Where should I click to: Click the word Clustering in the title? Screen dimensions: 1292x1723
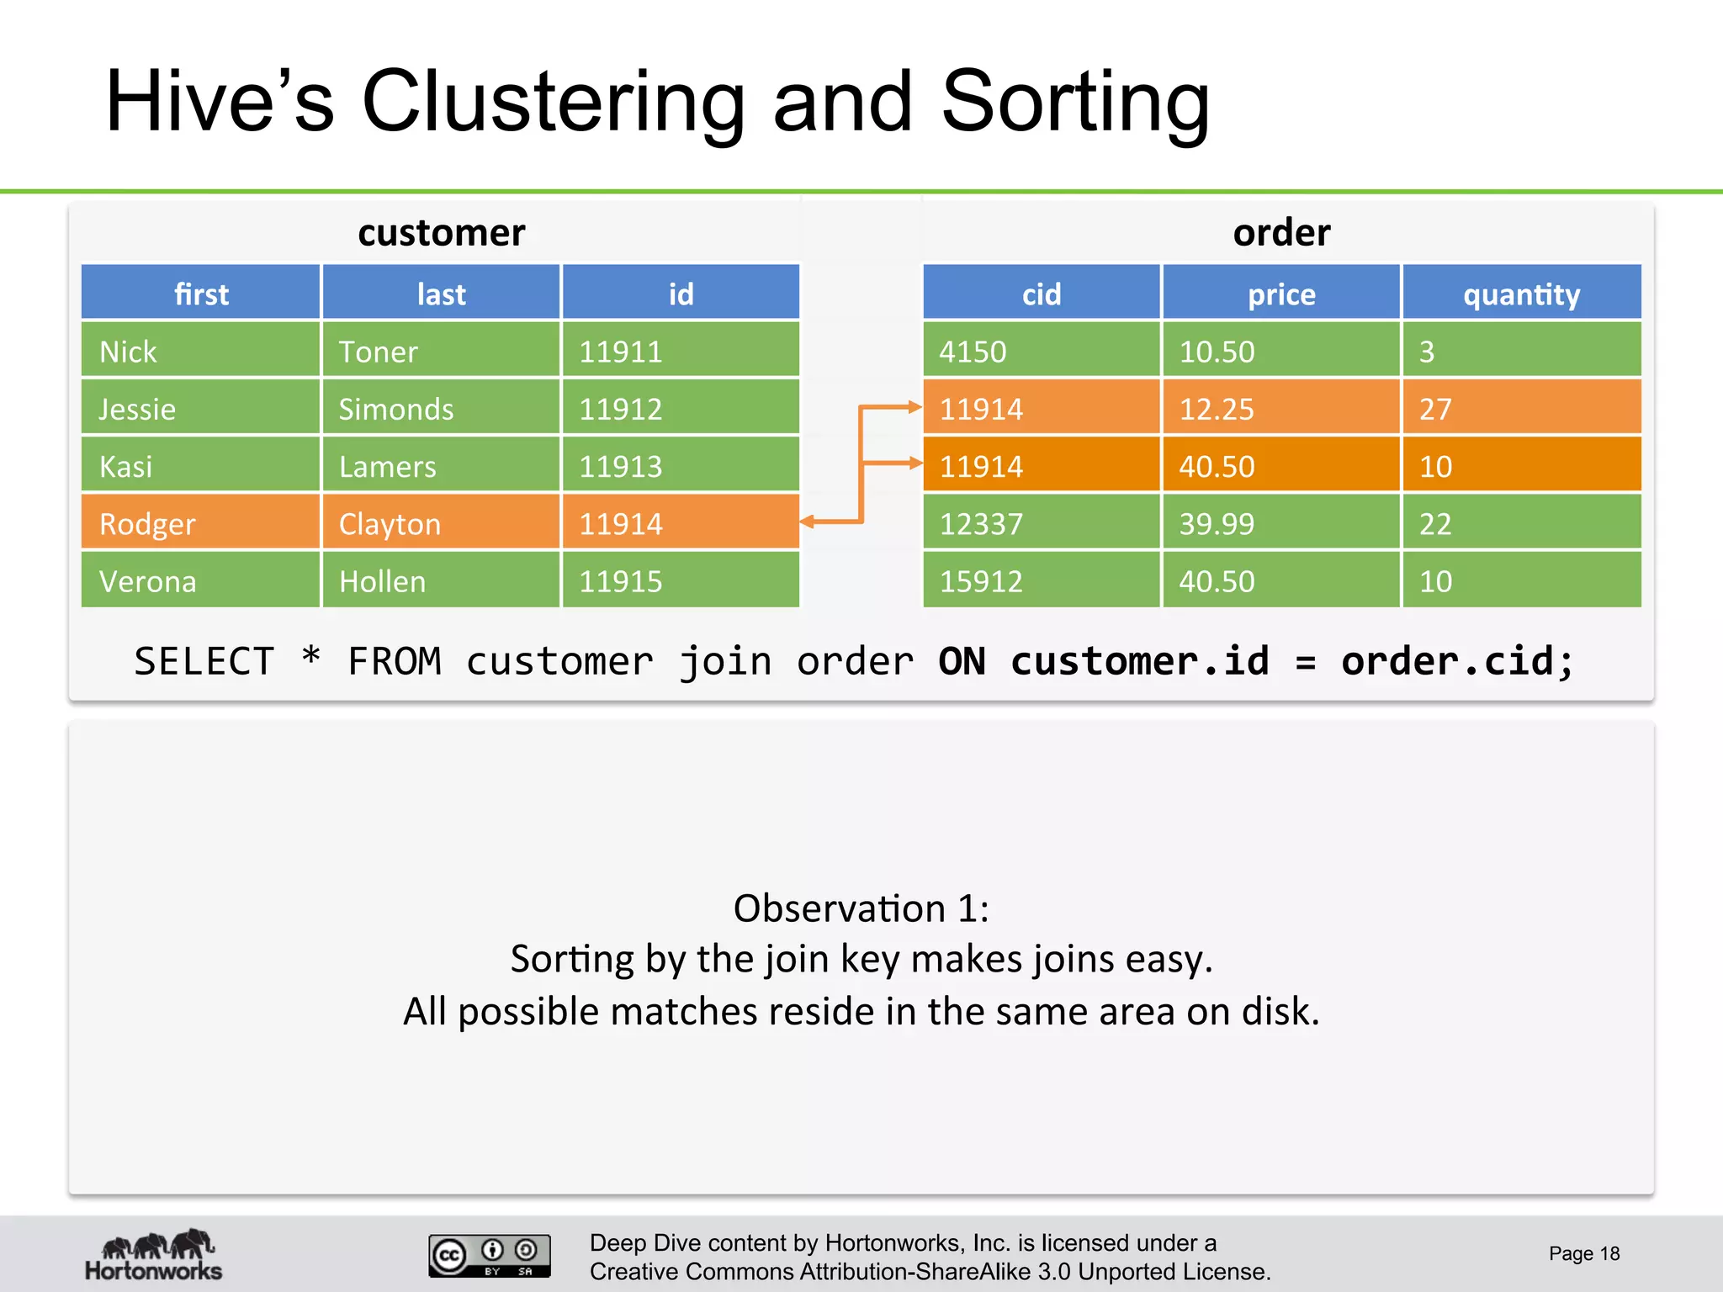(553, 103)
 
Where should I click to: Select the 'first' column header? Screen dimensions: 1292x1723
(201, 294)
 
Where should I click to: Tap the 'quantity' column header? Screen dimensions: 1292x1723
(1521, 294)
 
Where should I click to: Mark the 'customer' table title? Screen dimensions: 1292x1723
(441, 232)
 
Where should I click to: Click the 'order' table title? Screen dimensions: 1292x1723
(1281, 232)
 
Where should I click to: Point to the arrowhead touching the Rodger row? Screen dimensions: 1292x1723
(808, 522)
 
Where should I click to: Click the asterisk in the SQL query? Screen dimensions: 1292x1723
(311, 657)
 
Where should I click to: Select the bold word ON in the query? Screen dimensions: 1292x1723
(962, 661)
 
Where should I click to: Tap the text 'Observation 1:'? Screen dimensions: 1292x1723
(861, 908)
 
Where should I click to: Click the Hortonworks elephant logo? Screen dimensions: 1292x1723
(155, 1253)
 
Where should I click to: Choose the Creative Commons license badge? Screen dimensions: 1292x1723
(489, 1255)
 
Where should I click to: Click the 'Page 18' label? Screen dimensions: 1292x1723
(1584, 1253)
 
